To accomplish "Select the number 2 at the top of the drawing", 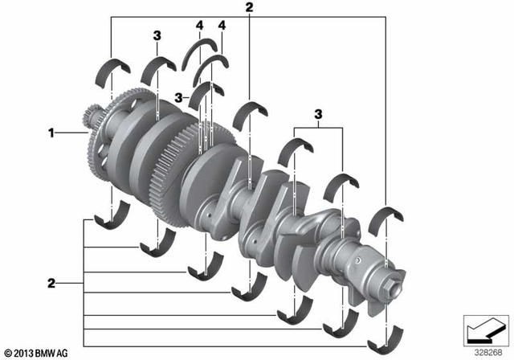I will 250,8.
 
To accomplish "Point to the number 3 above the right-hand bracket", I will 320,116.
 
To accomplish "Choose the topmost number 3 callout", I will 157,35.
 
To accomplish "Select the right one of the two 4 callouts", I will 222,27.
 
